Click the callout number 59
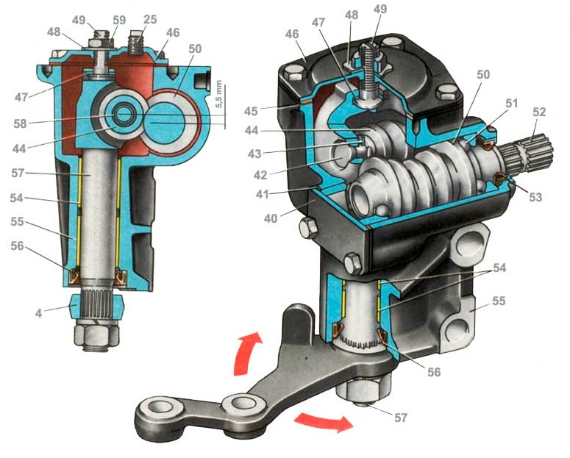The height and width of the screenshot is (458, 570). [119, 20]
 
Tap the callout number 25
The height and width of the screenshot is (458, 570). [150, 19]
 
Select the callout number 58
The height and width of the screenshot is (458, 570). [20, 124]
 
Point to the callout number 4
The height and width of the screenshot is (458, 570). [39, 313]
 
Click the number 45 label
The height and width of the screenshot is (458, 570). [251, 111]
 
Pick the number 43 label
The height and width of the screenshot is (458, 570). [254, 154]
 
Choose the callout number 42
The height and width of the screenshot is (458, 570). [260, 175]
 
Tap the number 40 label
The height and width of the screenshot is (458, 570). [271, 218]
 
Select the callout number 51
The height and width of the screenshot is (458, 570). [511, 103]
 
